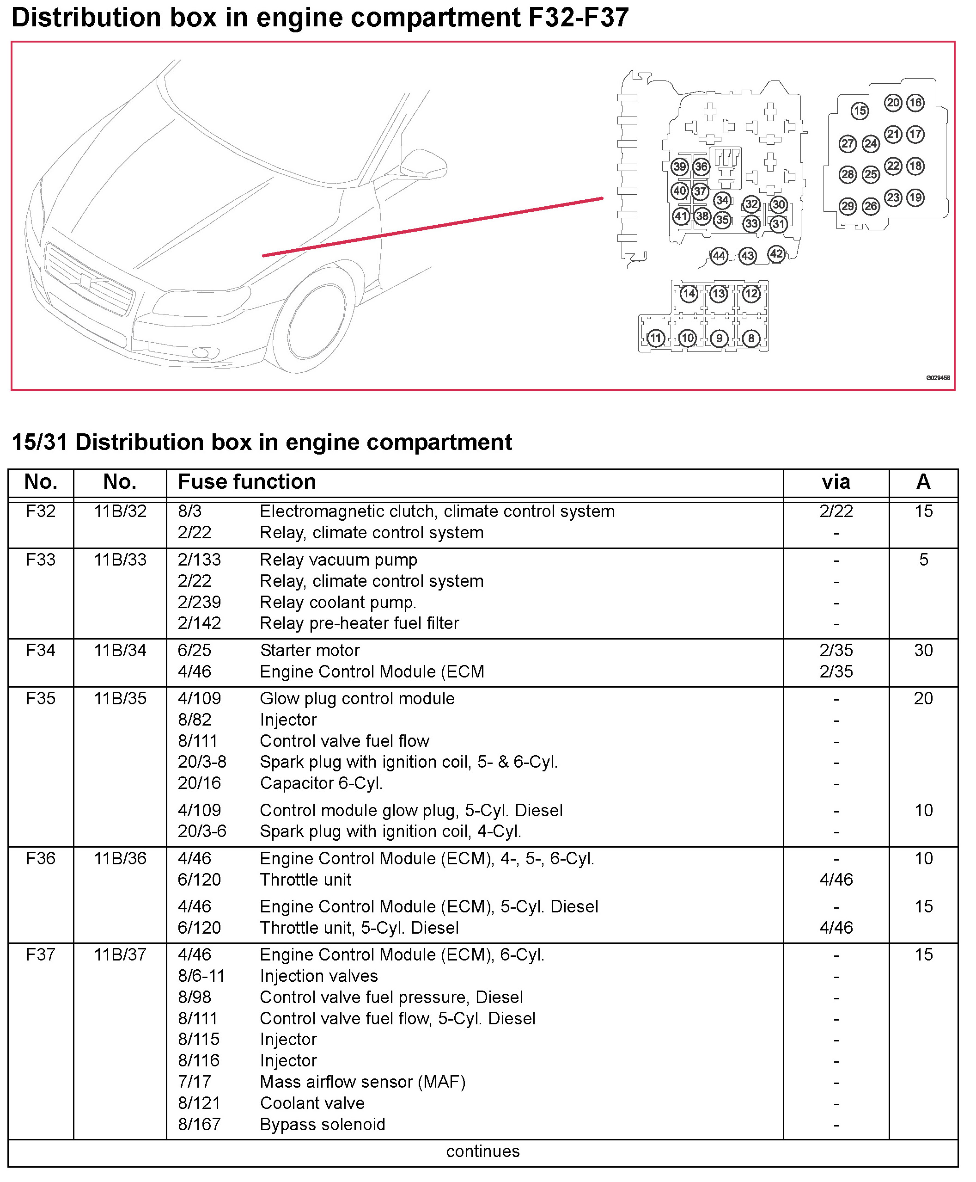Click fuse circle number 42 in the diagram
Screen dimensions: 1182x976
[x=776, y=254]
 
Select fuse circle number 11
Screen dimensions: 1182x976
[x=656, y=338]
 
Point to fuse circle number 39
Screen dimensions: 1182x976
[x=680, y=166]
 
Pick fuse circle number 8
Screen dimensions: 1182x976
[x=751, y=338]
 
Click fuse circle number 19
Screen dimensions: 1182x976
[x=915, y=197]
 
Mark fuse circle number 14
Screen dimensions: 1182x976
[x=689, y=294]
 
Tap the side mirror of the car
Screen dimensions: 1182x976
[x=425, y=163]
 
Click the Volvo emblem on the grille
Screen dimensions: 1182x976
[x=86, y=280]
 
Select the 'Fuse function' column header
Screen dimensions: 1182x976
[x=247, y=482]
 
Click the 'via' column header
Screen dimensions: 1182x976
[x=836, y=482]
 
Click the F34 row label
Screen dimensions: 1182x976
[x=41, y=650]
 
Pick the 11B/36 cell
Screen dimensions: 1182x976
[x=120, y=858]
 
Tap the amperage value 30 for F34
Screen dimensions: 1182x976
[x=923, y=650]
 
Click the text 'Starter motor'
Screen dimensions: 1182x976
[x=310, y=650]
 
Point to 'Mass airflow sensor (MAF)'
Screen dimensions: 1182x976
[x=363, y=1082]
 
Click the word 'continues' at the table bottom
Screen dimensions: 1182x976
[x=482, y=1151]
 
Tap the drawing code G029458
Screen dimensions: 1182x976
[x=938, y=378]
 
